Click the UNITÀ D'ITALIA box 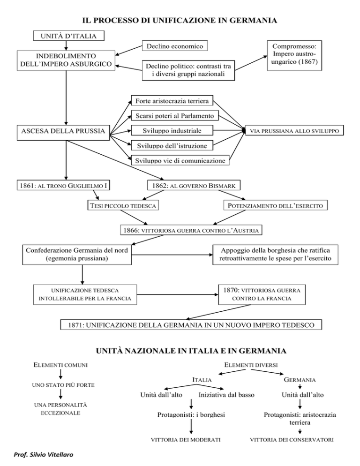point(68,36)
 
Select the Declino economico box point(175,46)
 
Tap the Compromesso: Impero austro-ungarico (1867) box point(294,55)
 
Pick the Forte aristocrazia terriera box point(172,100)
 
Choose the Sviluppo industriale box point(172,130)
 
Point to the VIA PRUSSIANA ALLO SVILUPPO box point(294,130)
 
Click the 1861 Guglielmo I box point(63,186)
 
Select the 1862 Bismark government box point(194,186)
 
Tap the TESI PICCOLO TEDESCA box point(123,205)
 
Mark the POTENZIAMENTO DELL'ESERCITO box point(275,205)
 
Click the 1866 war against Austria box point(191,230)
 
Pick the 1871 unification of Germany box point(191,324)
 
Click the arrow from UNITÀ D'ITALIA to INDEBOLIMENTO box point(66,45)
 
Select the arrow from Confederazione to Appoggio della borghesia point(172,255)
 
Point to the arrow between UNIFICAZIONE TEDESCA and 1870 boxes point(178,294)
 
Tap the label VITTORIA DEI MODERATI point(186,440)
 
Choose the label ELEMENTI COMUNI point(60,365)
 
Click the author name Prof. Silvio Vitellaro point(44,455)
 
